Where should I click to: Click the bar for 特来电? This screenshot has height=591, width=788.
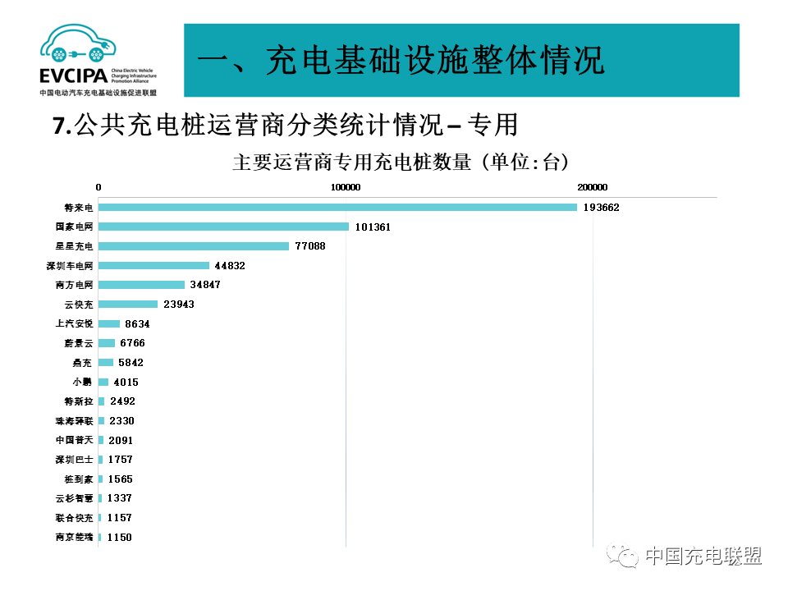(x=337, y=207)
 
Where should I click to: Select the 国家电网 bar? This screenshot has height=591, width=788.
(x=223, y=227)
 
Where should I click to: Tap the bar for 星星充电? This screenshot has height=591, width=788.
(x=194, y=246)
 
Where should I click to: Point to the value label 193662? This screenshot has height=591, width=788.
(x=601, y=208)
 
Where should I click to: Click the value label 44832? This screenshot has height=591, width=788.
(x=230, y=266)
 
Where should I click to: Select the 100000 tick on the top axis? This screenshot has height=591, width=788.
(x=346, y=186)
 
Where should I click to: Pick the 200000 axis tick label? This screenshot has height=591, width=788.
(x=592, y=186)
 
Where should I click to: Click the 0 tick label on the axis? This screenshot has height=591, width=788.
(x=98, y=186)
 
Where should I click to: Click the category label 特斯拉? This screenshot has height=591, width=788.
(x=79, y=401)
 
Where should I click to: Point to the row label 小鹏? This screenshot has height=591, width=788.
(x=83, y=382)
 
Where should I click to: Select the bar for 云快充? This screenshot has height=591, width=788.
(x=128, y=305)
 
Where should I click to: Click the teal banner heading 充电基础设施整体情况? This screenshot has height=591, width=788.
(x=402, y=60)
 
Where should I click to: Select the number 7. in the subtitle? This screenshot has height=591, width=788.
(x=62, y=126)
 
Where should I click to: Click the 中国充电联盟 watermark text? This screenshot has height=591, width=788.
(x=703, y=556)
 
